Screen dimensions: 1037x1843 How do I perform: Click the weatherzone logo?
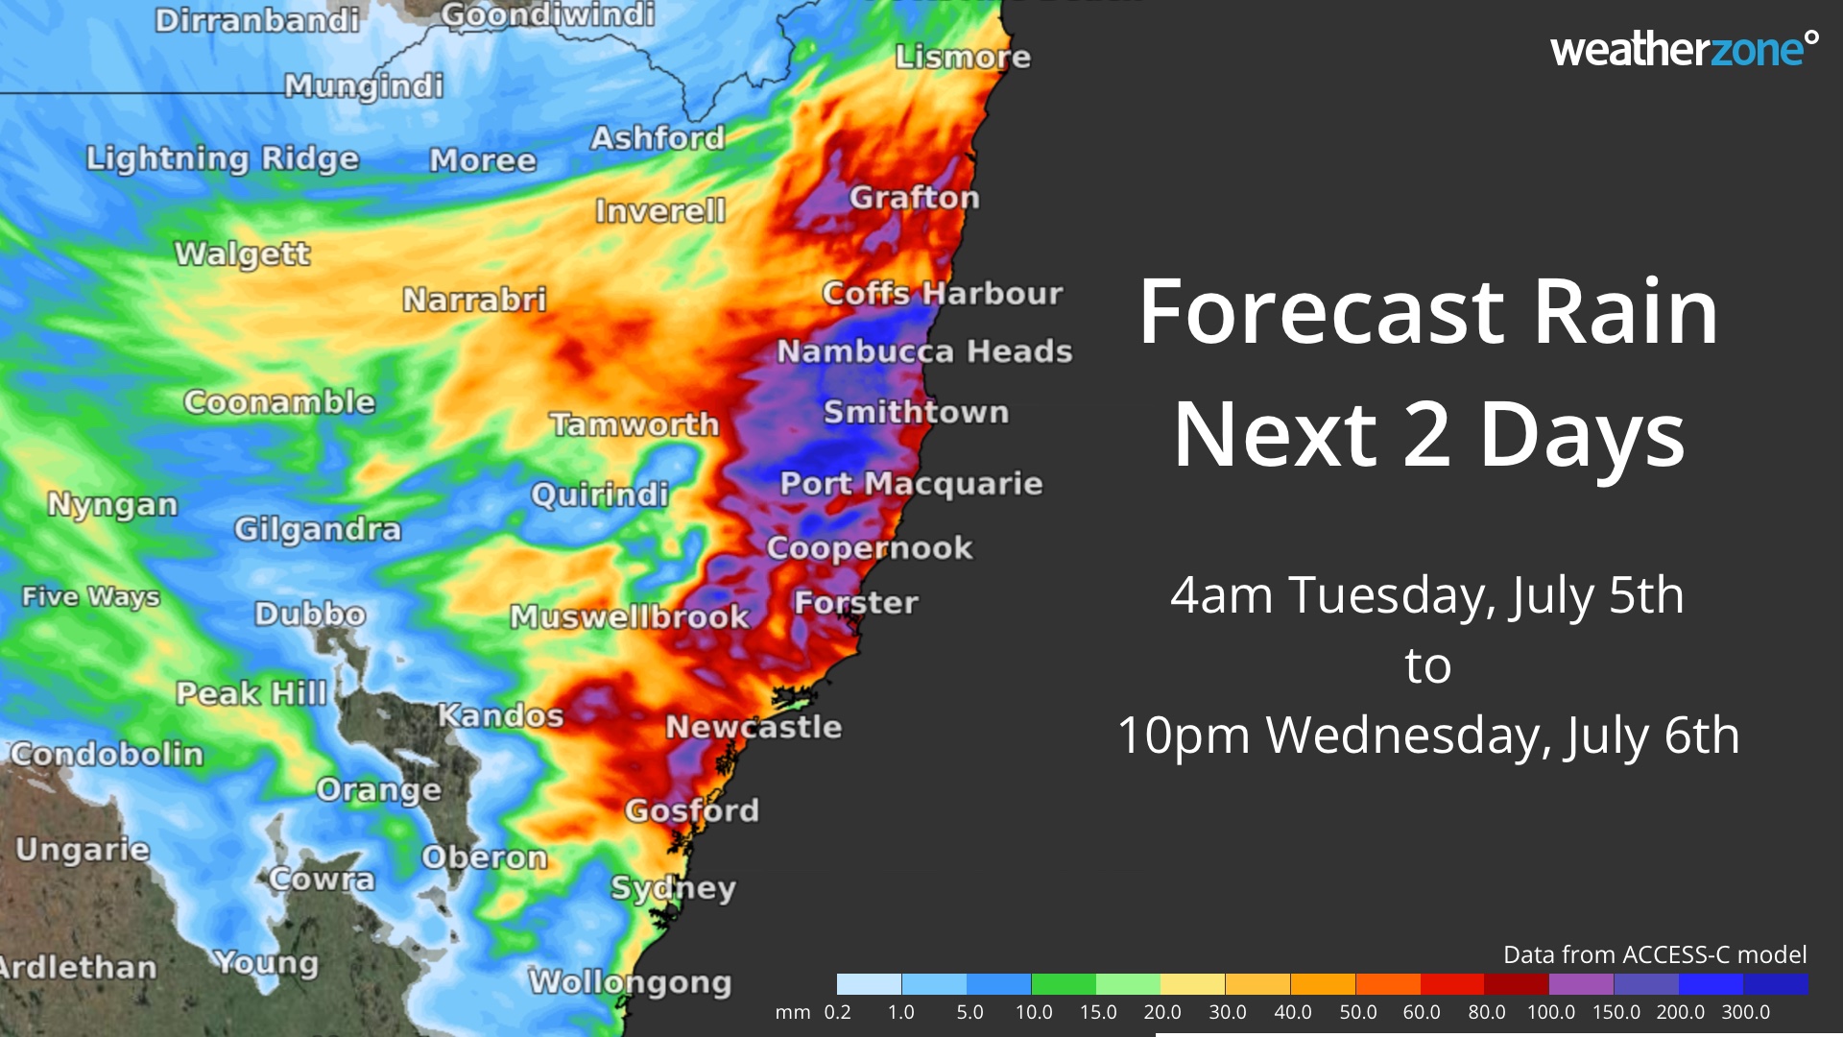pyautogui.click(x=1683, y=50)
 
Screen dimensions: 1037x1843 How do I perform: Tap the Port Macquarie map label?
pyautogui.click(x=910, y=483)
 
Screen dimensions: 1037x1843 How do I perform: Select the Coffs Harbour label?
pyautogui.click(x=942, y=293)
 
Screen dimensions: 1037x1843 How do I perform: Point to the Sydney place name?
pyautogui.click(x=673, y=888)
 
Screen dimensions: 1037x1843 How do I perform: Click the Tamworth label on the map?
pyautogui.click(x=634, y=423)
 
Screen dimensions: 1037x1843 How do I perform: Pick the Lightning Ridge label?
pyautogui.click(x=222, y=158)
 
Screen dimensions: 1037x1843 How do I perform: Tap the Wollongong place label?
pyautogui.click(x=630, y=981)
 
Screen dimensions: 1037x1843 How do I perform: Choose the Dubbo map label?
pyautogui.click(x=309, y=614)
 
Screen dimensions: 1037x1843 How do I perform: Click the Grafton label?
pyautogui.click(x=914, y=198)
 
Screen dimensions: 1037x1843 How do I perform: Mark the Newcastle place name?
pyautogui.click(x=754, y=727)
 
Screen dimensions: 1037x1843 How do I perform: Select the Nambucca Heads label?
pyautogui.click(x=923, y=351)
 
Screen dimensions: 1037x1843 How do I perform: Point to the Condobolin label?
pyautogui.click(x=107, y=754)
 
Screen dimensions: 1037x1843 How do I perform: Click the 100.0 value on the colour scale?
pyautogui.click(x=1550, y=1012)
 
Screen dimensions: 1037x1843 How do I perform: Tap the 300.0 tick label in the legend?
pyautogui.click(x=1745, y=1012)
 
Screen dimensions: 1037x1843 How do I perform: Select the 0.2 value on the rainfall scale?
pyautogui.click(x=837, y=1012)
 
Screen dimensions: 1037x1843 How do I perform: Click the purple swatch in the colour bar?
pyautogui.click(x=1581, y=984)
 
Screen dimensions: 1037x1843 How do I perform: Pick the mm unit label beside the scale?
pyautogui.click(x=792, y=1012)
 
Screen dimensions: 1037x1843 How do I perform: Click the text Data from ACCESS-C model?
pyautogui.click(x=1654, y=954)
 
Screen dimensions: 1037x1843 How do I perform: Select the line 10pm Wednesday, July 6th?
pyautogui.click(x=1427, y=736)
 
